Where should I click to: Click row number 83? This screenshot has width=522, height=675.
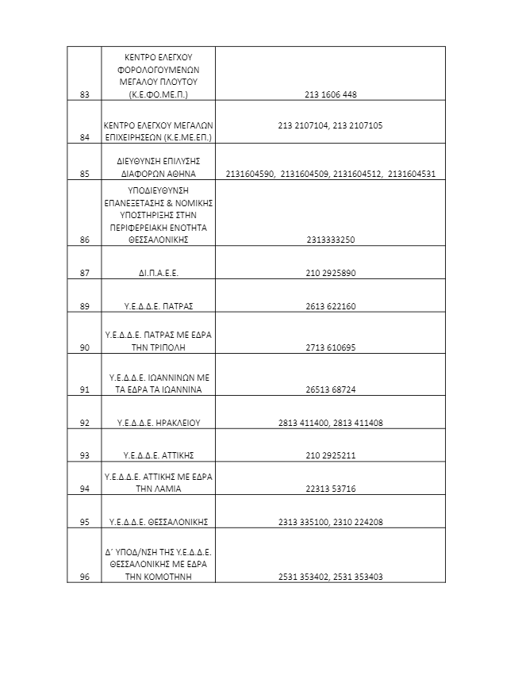coord(85,95)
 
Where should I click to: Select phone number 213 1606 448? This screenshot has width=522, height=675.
coord(330,95)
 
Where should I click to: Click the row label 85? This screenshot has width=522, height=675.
coord(85,174)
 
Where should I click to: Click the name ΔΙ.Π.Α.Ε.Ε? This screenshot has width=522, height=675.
coord(159,273)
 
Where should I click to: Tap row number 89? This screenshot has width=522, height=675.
coord(85,306)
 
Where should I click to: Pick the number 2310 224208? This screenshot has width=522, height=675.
coord(357,523)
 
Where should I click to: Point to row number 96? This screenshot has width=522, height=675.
coord(85,577)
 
